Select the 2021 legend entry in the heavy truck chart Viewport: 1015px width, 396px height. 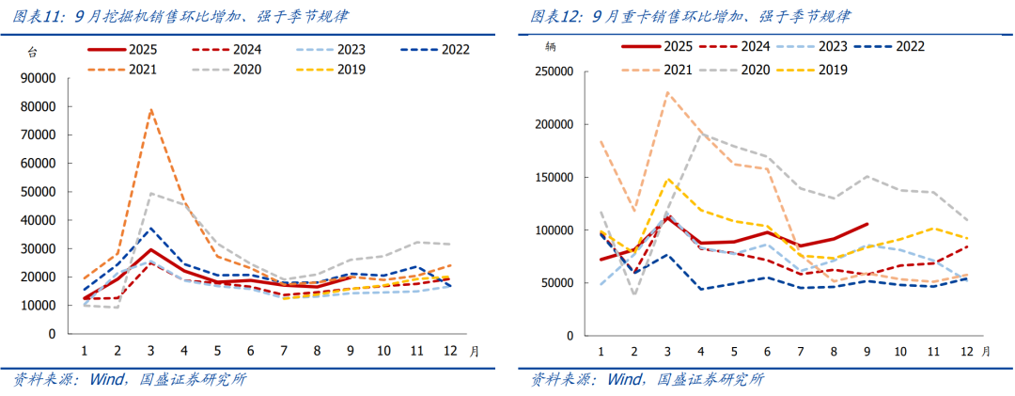pyautogui.click(x=659, y=70)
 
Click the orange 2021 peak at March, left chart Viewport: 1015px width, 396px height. pyautogui.click(x=150, y=110)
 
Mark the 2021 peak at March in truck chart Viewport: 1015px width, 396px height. pyautogui.click(x=667, y=92)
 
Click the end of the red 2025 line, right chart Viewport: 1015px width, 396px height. pyautogui.click(x=867, y=224)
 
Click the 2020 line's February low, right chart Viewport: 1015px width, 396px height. pyautogui.click(x=634, y=294)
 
